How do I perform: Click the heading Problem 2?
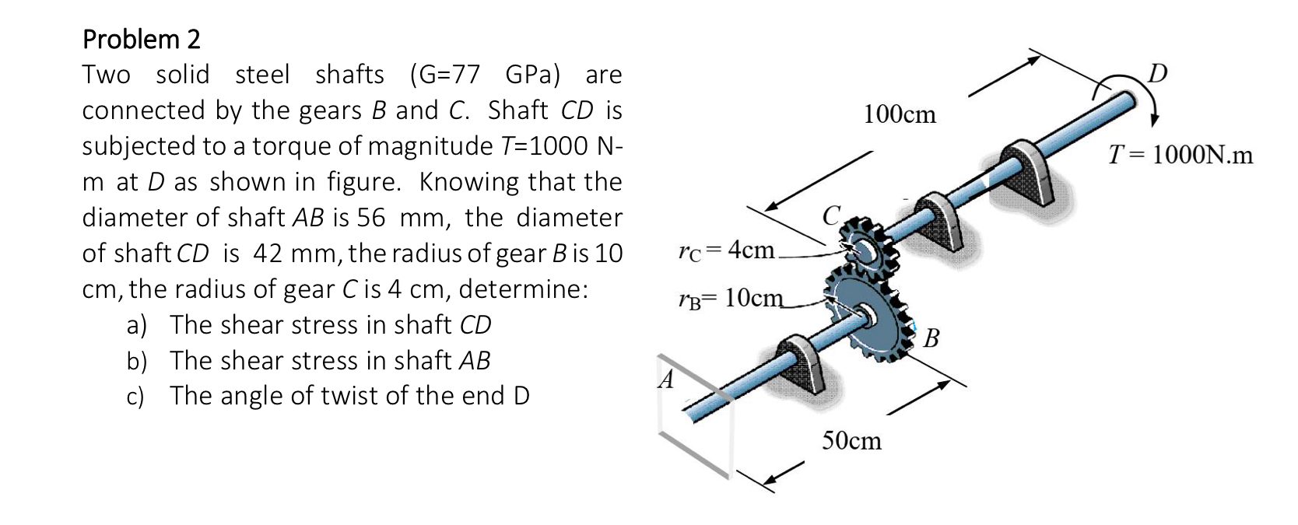point(141,39)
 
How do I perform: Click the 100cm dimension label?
point(900,115)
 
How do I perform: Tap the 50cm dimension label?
point(852,441)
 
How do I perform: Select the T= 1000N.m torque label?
point(1180,155)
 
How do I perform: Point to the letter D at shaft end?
point(1158,73)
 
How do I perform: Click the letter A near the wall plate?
point(666,380)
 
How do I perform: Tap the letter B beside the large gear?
point(931,339)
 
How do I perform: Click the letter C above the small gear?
point(832,214)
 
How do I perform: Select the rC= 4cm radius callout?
point(726,250)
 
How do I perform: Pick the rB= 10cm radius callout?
point(731,298)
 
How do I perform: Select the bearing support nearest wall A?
point(801,364)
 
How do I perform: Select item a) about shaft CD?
point(309,325)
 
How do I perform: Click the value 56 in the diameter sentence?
point(371,218)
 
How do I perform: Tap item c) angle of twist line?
point(328,396)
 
